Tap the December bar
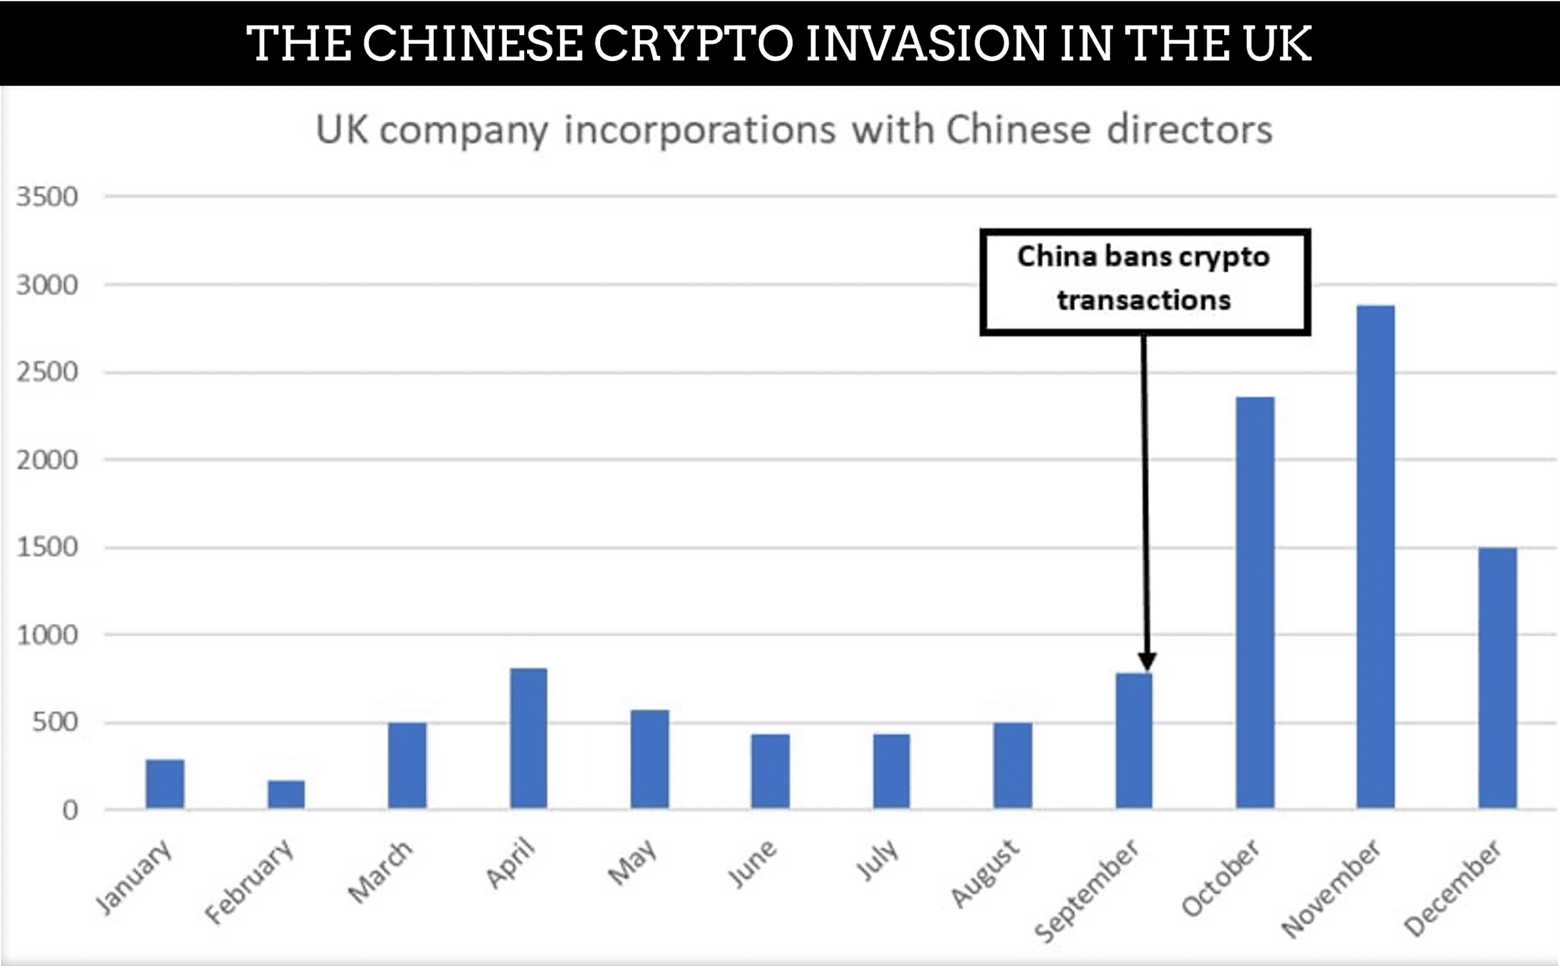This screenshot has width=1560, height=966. coord(1497,678)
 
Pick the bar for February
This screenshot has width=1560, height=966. coord(286,794)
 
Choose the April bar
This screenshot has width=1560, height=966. coord(528,739)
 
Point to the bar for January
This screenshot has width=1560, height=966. coord(165,784)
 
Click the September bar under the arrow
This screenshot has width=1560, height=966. coord(1134,741)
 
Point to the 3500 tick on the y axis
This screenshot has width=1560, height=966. coord(48,197)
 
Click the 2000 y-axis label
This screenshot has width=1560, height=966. coord(48,460)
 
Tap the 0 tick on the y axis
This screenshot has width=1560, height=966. coord(70,811)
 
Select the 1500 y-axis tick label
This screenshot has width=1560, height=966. coord(48,547)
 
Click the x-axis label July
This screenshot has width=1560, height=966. coord(877,861)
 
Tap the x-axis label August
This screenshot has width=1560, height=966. coord(986,873)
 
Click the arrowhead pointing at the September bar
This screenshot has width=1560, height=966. coord(1147,660)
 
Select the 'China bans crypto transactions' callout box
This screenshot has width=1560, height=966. coord(1145,282)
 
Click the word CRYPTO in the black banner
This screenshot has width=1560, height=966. coord(693,43)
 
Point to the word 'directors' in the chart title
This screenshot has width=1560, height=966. coord(1189,130)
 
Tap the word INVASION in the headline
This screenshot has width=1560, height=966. coord(926,43)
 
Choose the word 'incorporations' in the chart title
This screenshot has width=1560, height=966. coord(700,130)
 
